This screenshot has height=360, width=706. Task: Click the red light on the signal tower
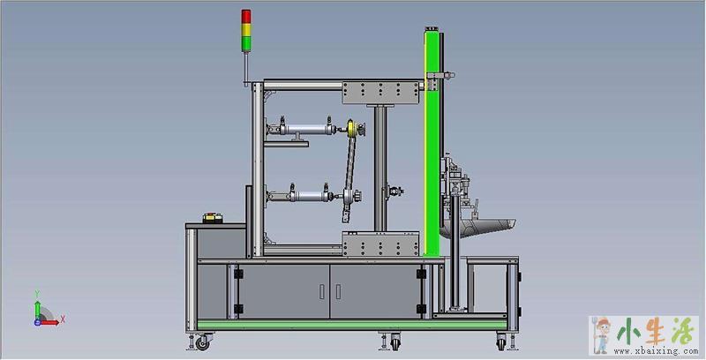tap(246, 16)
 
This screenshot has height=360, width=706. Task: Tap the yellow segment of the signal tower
tap(246, 30)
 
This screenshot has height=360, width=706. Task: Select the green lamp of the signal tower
tap(246, 43)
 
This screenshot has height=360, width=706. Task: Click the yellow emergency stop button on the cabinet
tap(213, 218)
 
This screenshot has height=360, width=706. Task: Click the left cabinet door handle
tap(321, 291)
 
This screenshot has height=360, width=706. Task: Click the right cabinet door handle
tap(338, 291)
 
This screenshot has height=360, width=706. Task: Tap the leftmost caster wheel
tap(202, 343)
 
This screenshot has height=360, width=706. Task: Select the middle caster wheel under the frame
tap(395, 342)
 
